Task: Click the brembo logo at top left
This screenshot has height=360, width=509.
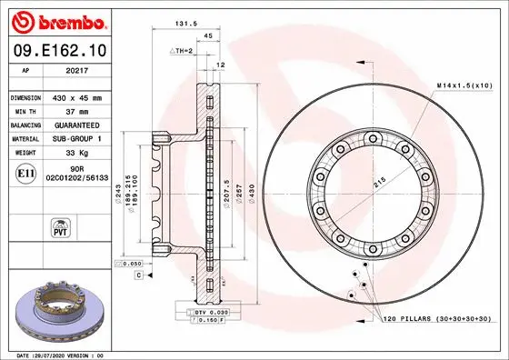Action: pos(56,20)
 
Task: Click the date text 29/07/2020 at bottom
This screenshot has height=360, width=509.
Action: pos(55,354)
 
